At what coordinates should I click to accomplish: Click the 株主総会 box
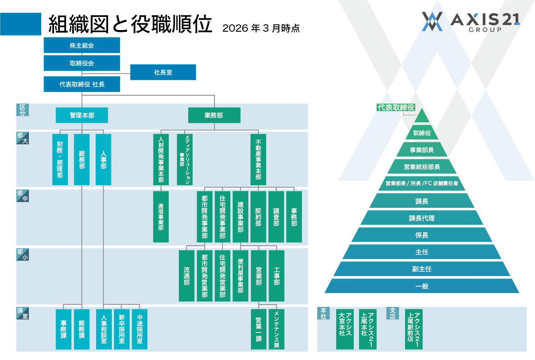point(82,45)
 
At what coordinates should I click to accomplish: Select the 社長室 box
point(163,72)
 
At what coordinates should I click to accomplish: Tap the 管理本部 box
point(82,115)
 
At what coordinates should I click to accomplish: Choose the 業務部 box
point(214,115)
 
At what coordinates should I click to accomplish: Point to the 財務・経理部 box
point(60,160)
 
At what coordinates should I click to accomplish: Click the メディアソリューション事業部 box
point(185,160)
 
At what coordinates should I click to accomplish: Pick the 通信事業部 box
point(161,216)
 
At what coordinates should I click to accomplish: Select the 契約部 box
point(258,216)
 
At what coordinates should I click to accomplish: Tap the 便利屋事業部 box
point(240,275)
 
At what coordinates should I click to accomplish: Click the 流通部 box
point(186,275)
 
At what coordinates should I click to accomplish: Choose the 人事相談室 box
point(104,329)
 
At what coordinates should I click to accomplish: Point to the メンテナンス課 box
point(276,329)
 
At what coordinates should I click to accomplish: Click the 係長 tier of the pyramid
point(422,235)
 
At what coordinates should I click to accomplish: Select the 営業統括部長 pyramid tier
point(422,167)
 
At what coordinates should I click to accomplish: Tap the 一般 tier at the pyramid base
point(422,286)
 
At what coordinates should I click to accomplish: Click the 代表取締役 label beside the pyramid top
point(396,107)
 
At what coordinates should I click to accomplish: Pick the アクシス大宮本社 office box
point(345,329)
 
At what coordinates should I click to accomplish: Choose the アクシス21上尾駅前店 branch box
point(414,329)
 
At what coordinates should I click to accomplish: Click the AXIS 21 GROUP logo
point(470,21)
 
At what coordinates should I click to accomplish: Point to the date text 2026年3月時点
point(261,28)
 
